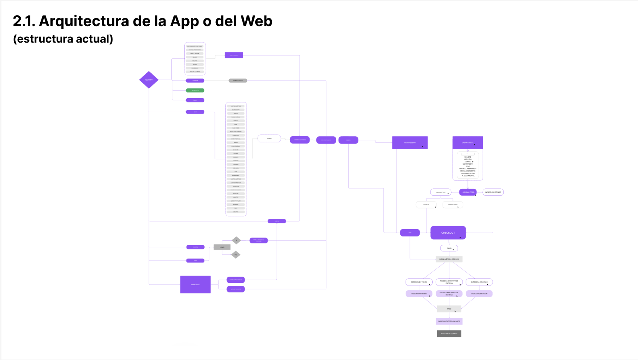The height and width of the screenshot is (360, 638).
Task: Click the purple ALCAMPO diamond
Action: pyautogui.click(x=149, y=80)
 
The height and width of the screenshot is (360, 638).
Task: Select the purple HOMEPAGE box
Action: pyautogui.click(x=195, y=284)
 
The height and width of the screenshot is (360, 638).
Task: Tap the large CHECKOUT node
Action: pyautogui.click(x=448, y=233)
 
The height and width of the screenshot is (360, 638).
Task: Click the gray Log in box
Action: pyautogui.click(x=222, y=247)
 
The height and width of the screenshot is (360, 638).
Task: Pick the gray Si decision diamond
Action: pyautogui.click(x=236, y=240)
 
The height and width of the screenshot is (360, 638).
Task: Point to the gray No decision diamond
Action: pyautogui.click(x=236, y=254)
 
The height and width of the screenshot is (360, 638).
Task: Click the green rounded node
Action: pyautogui.click(x=195, y=91)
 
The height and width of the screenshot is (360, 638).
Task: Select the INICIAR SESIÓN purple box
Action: pyautogui.click(x=410, y=142)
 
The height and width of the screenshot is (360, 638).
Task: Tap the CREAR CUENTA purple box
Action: pyautogui.click(x=468, y=142)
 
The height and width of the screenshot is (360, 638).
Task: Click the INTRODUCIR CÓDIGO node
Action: pyautogui.click(x=493, y=192)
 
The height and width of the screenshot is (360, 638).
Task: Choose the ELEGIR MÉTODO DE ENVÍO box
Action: pyautogui.click(x=449, y=259)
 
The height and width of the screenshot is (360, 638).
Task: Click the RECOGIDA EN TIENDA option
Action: pyautogui.click(x=419, y=282)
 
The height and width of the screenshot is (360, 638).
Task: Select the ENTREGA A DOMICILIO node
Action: pyautogui.click(x=479, y=282)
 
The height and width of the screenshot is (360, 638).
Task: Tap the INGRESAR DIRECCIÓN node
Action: pyautogui.click(x=479, y=294)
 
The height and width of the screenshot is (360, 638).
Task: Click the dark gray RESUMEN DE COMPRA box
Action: pyautogui.click(x=449, y=334)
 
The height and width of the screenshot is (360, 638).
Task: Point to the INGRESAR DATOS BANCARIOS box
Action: pyautogui.click(x=449, y=321)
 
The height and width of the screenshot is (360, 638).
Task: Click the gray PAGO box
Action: pyautogui.click(x=449, y=309)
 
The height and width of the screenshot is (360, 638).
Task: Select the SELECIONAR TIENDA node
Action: pyautogui.click(x=419, y=294)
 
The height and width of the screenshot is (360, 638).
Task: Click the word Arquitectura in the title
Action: pyautogui.click(x=84, y=21)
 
